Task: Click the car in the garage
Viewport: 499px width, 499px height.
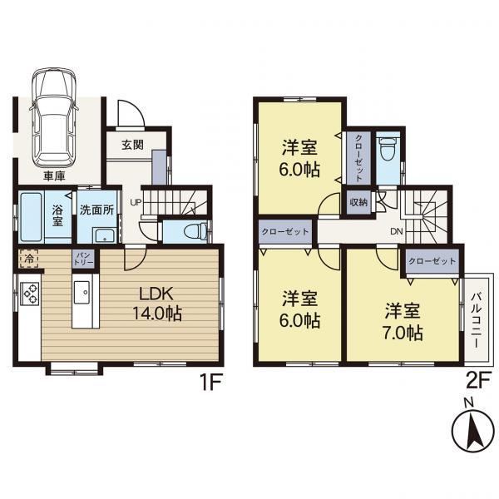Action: tap(54, 117)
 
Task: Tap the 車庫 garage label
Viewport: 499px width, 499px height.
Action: tap(54, 175)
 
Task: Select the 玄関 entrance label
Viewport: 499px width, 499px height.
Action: tap(132, 145)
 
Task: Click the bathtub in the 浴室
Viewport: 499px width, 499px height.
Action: tap(31, 216)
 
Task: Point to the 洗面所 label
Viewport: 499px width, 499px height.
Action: tap(96, 210)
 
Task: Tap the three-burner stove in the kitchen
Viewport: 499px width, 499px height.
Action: tap(29, 294)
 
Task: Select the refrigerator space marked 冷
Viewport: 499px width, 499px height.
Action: tap(29, 259)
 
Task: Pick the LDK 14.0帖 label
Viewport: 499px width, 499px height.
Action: tap(157, 304)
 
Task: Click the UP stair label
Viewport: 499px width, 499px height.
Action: tap(136, 202)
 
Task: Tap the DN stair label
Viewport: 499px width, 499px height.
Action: tap(397, 231)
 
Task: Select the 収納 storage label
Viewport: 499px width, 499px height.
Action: tap(358, 202)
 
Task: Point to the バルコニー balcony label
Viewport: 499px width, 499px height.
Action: tap(476, 320)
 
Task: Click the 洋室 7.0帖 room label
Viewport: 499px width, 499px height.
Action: tap(403, 322)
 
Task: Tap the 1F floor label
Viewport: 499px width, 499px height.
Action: tap(210, 382)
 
